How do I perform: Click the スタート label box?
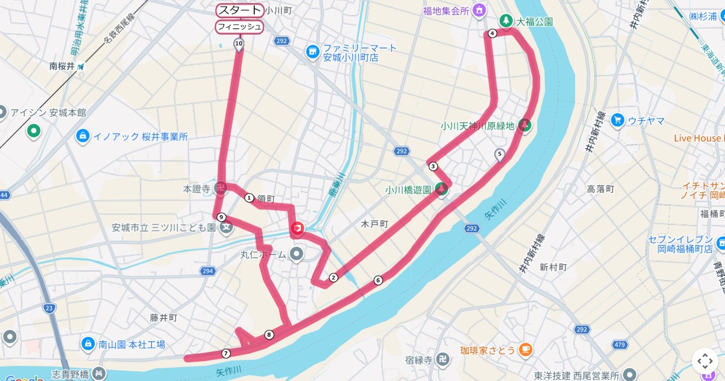(x=240, y=10)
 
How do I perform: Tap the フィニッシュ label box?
(x=240, y=27)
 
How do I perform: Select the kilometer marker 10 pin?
(x=239, y=44)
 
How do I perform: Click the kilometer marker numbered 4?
(x=492, y=34)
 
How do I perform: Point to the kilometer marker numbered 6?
(x=378, y=280)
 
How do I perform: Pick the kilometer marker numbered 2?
(x=333, y=278)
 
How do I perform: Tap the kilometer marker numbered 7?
(x=226, y=353)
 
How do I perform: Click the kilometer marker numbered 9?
(x=222, y=217)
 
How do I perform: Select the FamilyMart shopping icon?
(x=312, y=53)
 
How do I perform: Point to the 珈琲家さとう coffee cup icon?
(x=525, y=350)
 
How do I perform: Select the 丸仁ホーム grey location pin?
(x=296, y=255)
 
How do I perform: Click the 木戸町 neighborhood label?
(x=374, y=224)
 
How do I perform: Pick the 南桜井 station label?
(x=62, y=67)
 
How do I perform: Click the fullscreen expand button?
(x=705, y=361)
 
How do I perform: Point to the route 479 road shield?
(x=619, y=345)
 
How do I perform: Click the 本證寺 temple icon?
(x=221, y=189)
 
